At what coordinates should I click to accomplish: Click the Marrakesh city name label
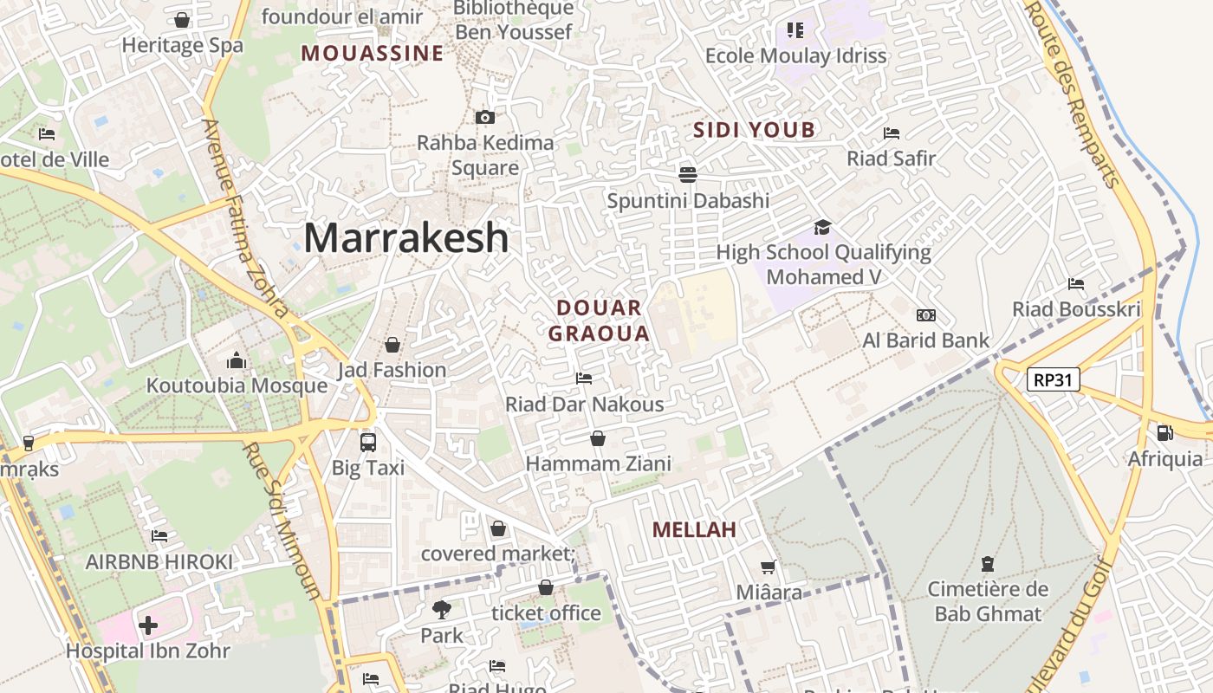[x=405, y=238]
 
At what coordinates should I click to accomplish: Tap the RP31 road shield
[x=1054, y=379]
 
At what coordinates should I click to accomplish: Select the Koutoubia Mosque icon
[x=236, y=361]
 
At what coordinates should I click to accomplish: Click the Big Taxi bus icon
[x=368, y=442]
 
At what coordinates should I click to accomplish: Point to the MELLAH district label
[x=694, y=529]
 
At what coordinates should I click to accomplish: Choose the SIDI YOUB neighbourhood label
[x=755, y=131]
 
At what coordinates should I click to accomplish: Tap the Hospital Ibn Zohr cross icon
[x=148, y=625]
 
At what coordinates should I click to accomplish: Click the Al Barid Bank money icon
[x=925, y=315]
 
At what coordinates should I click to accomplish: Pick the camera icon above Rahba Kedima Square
[x=485, y=117]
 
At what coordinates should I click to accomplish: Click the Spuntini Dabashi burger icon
[x=688, y=175]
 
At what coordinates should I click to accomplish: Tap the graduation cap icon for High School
[x=822, y=227]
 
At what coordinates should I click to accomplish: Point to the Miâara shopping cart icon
[x=768, y=567]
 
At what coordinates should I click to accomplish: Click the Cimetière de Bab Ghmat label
[x=988, y=601]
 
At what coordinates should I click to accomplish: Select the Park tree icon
[x=442, y=610]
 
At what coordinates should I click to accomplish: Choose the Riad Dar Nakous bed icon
[x=584, y=379]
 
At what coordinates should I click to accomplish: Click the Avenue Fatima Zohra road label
[x=245, y=217]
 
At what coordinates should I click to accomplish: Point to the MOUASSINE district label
[x=373, y=54]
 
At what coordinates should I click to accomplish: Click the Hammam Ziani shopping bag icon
[x=598, y=438]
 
